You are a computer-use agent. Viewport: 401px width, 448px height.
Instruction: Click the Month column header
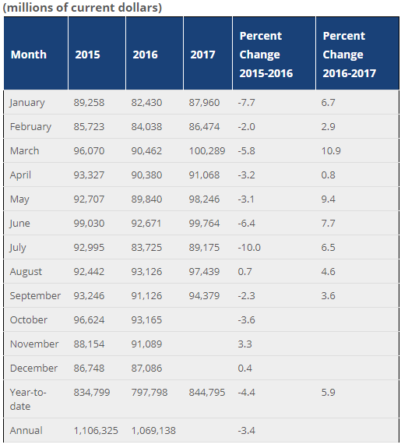click(x=29, y=55)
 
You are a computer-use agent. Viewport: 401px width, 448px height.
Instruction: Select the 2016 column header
click(x=145, y=55)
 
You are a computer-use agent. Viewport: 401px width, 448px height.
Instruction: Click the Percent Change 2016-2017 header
click(x=349, y=55)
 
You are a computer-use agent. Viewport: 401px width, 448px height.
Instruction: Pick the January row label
click(x=27, y=103)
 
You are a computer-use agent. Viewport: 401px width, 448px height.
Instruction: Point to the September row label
click(x=35, y=296)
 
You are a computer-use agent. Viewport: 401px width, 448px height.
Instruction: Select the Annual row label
click(x=26, y=431)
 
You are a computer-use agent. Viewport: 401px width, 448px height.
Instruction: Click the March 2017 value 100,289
click(x=207, y=151)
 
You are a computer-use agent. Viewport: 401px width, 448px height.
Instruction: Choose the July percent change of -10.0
click(x=250, y=248)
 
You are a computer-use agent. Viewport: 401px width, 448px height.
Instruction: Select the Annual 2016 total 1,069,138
click(x=154, y=431)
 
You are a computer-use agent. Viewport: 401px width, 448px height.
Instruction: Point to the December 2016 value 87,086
click(x=148, y=369)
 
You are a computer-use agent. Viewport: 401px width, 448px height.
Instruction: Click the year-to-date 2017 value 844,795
click(x=207, y=393)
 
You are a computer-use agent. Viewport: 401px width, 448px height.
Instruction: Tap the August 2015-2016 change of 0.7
click(x=246, y=272)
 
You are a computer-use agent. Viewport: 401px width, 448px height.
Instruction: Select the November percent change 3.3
click(x=246, y=344)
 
